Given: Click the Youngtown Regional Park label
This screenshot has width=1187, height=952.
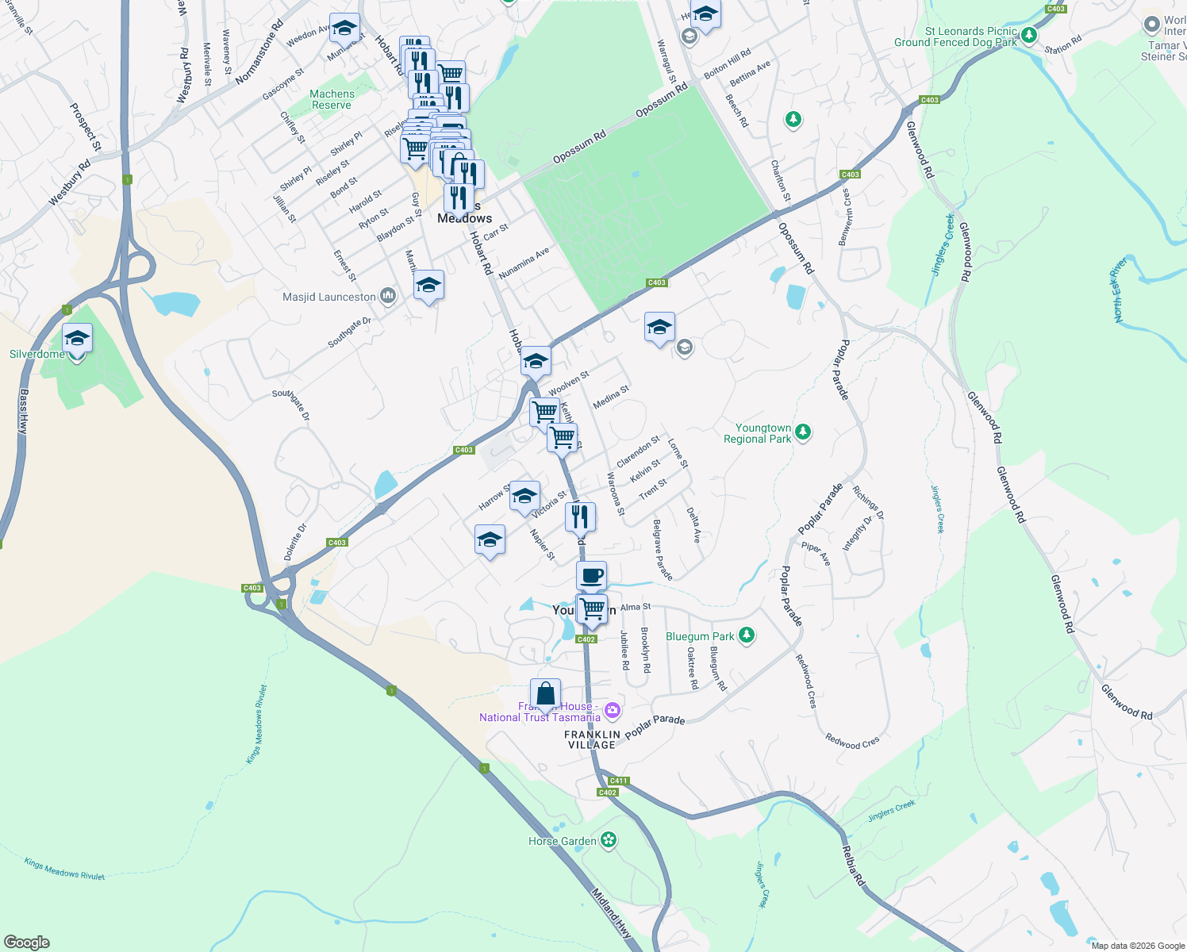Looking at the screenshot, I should click(758, 433).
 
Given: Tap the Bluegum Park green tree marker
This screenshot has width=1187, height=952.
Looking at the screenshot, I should click(746, 635).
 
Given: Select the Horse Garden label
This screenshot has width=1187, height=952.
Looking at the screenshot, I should click(563, 841).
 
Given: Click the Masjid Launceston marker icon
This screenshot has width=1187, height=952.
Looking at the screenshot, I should click(388, 296).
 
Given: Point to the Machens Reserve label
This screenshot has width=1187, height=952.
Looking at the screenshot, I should click(332, 99).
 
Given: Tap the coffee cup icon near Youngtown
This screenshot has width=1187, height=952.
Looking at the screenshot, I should click(591, 575).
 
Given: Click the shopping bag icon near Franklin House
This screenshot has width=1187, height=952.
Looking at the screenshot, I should click(546, 693).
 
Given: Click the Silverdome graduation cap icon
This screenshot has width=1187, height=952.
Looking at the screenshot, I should click(77, 339).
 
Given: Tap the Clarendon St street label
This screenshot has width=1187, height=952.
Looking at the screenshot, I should click(638, 451).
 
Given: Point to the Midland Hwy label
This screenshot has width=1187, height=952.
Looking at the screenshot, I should click(612, 912).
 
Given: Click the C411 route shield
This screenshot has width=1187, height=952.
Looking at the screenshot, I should click(618, 781).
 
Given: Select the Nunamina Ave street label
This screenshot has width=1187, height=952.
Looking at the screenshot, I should click(524, 263).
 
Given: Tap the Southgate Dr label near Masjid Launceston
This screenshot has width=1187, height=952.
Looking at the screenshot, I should click(349, 333).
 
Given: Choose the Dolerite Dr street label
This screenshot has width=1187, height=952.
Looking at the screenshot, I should click(295, 542).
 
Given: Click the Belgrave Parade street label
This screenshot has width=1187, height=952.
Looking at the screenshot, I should click(663, 549).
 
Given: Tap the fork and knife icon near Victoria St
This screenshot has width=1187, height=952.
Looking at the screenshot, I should click(580, 516).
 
